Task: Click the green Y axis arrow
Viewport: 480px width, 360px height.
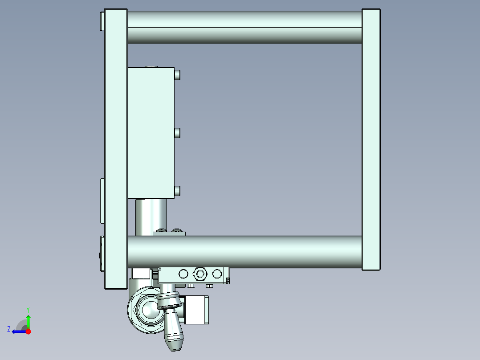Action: click(x=28, y=320)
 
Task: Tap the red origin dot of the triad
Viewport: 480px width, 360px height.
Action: click(x=28, y=331)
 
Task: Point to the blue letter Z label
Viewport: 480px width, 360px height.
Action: click(x=9, y=329)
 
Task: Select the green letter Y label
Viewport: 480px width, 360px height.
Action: click(x=28, y=309)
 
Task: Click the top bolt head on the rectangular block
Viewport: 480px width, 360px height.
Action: click(x=178, y=74)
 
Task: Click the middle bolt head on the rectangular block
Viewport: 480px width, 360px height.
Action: click(x=178, y=133)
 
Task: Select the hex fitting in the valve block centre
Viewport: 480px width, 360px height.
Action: click(x=200, y=274)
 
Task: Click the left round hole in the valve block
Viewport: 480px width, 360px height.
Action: click(x=183, y=274)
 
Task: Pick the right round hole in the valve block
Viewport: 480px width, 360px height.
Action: click(x=217, y=274)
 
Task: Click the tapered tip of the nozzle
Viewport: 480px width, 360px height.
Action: click(x=175, y=343)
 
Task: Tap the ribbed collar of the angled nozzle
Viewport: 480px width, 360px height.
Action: click(x=169, y=302)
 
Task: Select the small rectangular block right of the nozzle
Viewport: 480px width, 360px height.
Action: click(x=196, y=310)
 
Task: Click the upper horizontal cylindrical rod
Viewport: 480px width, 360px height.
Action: click(x=244, y=27)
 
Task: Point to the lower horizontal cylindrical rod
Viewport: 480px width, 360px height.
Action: click(x=244, y=252)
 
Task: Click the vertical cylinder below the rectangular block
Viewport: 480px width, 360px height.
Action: click(x=151, y=216)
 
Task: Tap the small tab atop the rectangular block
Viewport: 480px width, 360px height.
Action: click(x=151, y=66)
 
